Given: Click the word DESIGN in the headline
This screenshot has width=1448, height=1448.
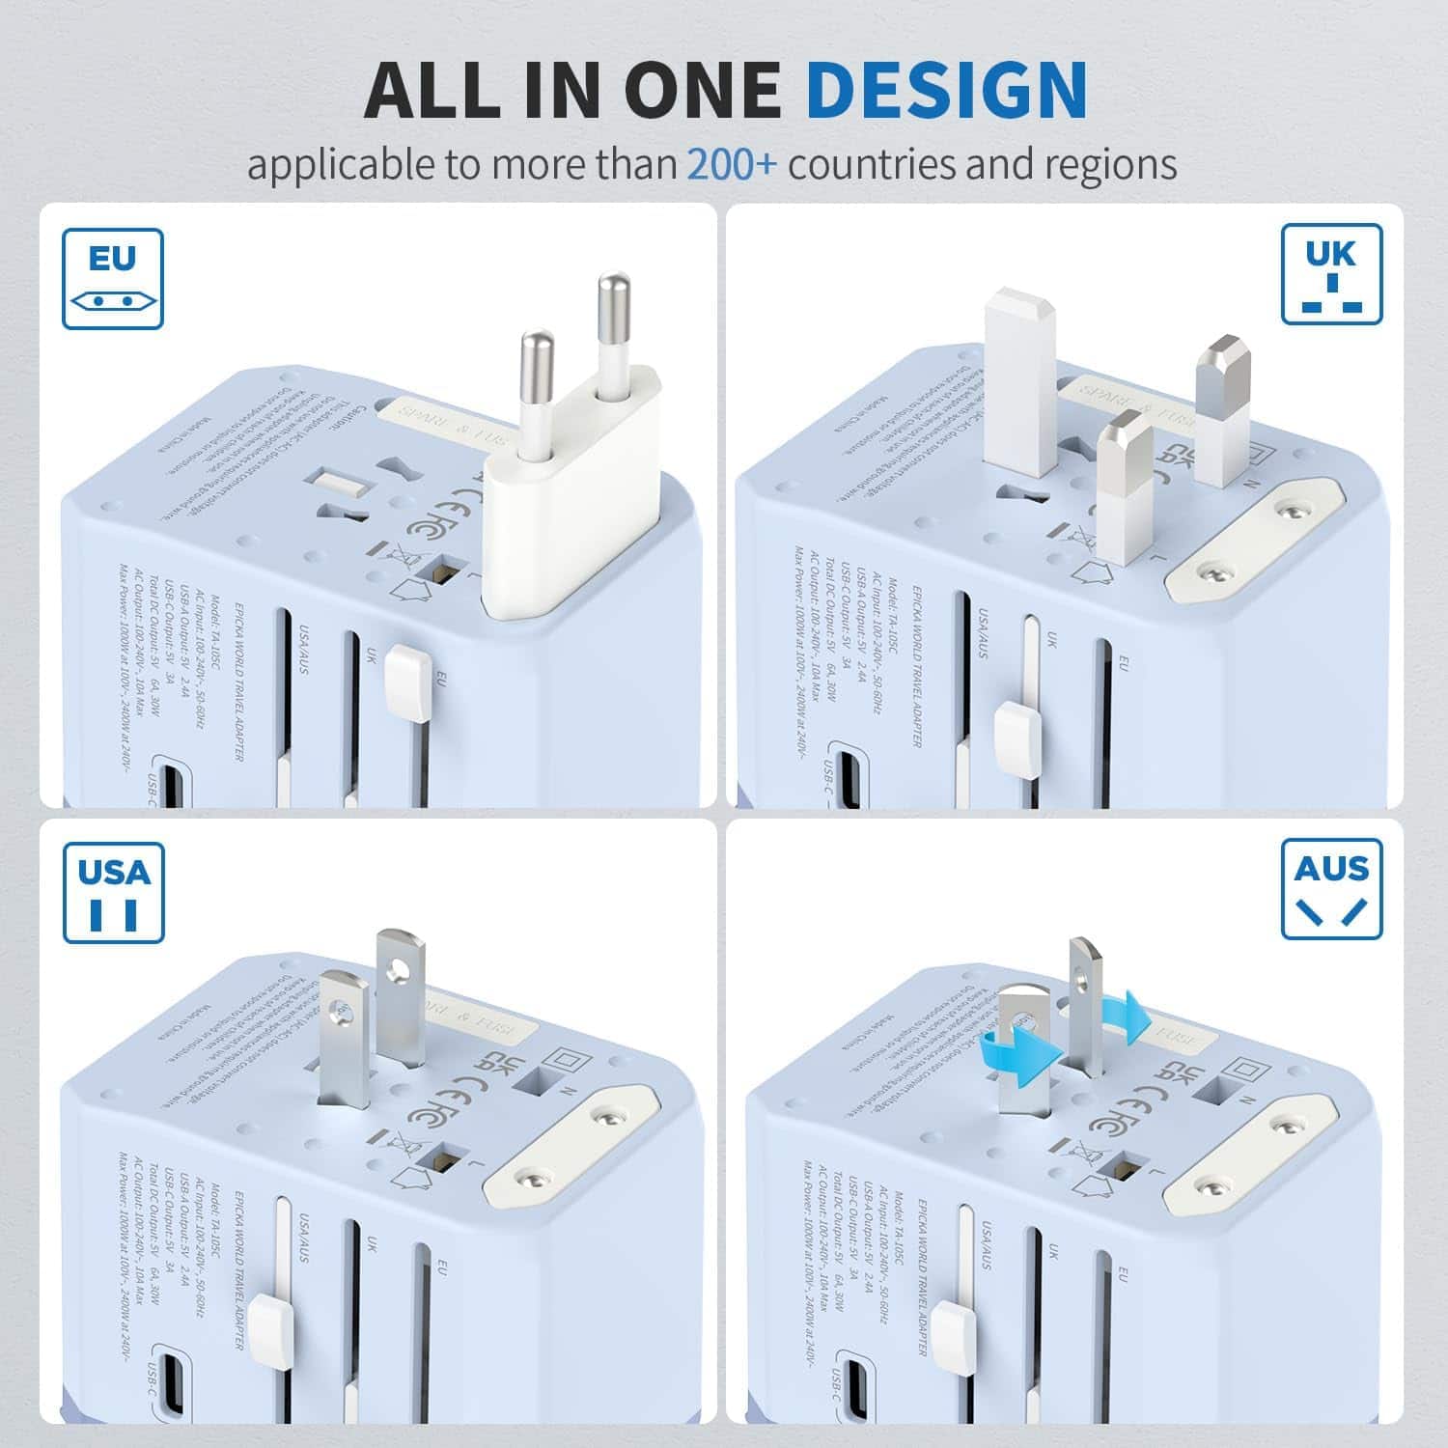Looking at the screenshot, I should (946, 89).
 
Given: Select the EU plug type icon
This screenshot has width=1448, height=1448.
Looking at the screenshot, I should (113, 279).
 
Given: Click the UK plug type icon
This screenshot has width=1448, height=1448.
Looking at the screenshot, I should (1331, 274).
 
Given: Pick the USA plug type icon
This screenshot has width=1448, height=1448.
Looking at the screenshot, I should (114, 892).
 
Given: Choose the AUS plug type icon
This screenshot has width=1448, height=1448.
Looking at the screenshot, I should (1331, 888).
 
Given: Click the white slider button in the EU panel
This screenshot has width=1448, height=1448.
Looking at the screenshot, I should (406, 683).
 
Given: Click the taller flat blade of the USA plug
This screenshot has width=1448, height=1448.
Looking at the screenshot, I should (401, 994).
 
